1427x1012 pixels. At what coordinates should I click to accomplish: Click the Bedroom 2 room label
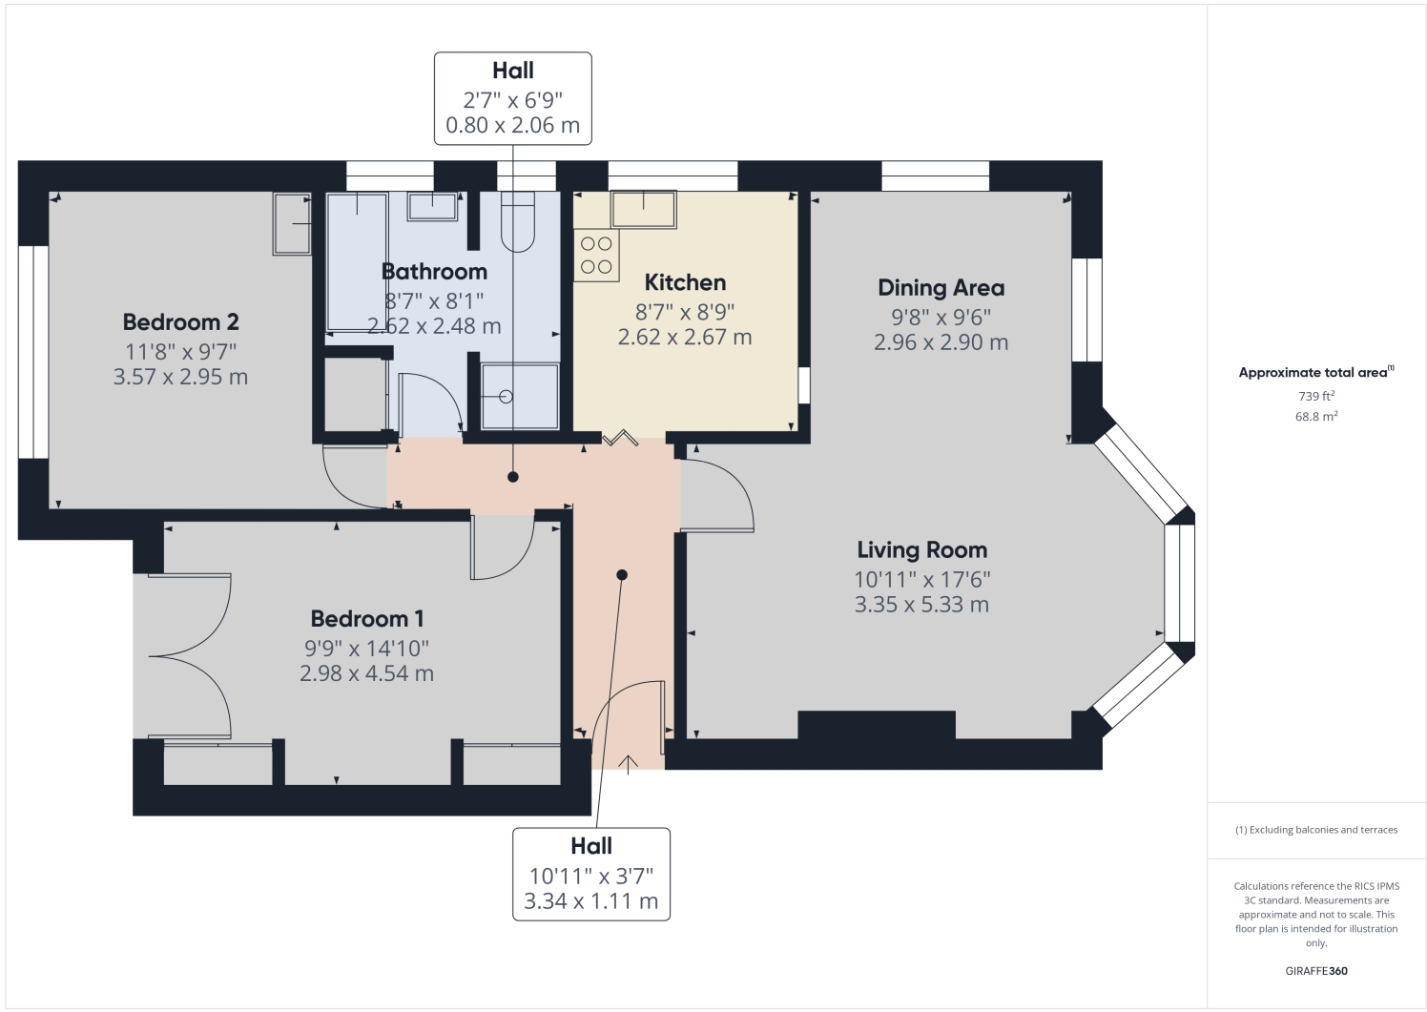180,322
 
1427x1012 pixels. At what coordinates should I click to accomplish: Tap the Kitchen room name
685,282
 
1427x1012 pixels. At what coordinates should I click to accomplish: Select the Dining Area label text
941,288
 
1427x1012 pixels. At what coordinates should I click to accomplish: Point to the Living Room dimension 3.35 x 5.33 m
921,605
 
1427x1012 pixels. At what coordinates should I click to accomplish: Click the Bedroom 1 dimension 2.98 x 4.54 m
366,673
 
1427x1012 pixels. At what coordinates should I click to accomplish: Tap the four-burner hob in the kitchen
596,255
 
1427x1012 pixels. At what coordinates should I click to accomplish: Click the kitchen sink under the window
644,209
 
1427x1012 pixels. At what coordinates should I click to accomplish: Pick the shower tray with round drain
520,396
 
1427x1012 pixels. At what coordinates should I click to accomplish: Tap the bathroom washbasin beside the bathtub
432,207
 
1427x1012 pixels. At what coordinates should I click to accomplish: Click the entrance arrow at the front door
629,763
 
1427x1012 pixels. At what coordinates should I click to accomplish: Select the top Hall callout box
513,98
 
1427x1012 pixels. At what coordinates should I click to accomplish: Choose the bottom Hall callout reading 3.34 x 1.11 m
591,875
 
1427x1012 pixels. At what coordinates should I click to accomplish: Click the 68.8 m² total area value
1316,417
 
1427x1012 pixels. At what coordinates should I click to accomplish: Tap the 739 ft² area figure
1316,396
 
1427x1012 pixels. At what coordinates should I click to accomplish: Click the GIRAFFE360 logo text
1316,971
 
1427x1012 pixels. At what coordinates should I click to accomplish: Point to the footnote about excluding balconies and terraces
1316,830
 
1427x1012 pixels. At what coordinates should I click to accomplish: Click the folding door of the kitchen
621,439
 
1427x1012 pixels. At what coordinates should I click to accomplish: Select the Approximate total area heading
1315,373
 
